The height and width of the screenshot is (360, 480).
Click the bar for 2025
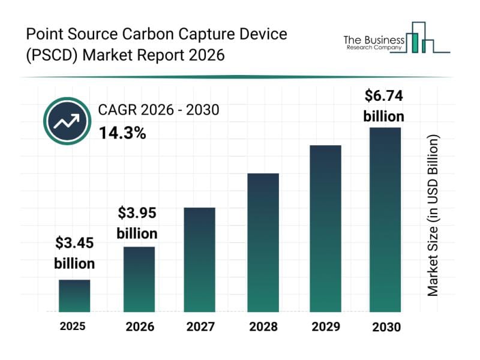[x=74, y=296]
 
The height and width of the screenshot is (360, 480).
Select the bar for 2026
[x=139, y=280]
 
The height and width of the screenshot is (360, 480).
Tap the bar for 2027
[x=200, y=260]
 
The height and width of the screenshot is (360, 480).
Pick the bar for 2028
[x=263, y=242]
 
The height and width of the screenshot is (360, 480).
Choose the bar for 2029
[x=325, y=229]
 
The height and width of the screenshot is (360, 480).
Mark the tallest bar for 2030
[x=385, y=220]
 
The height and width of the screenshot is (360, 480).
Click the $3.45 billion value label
[x=74, y=253]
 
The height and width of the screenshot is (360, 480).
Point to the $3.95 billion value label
[x=137, y=223]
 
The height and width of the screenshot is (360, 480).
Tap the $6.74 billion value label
[x=384, y=105]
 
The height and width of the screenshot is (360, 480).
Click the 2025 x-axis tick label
[x=73, y=326]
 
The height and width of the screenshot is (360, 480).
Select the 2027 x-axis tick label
[x=200, y=327]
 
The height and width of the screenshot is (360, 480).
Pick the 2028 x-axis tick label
[x=263, y=327]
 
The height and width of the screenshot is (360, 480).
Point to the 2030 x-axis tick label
[x=385, y=327]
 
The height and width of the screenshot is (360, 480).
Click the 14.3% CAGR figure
[x=122, y=133]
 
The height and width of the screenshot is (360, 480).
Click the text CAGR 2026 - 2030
[x=158, y=110]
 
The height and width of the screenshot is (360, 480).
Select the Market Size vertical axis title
[x=433, y=215]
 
